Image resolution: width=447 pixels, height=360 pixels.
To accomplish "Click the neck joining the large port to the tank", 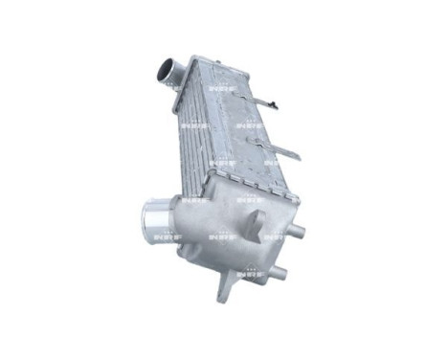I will click(182, 214).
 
